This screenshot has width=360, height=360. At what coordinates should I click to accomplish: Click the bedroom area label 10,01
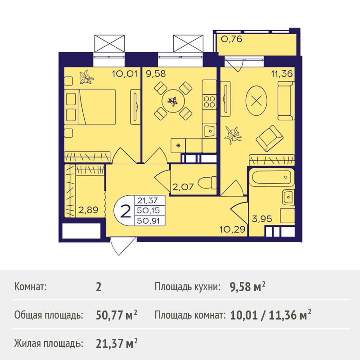pos(125,74)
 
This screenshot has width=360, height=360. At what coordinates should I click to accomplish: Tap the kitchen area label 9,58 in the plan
pos(156,74)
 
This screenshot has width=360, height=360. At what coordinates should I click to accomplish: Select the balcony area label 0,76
pos(231,39)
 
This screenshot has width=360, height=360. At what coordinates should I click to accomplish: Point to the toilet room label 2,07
pos(183,187)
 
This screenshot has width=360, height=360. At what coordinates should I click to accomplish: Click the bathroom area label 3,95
pos(262,219)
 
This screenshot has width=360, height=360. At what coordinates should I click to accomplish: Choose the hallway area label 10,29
pos(232,229)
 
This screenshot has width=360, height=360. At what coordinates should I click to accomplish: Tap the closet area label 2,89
pos(88,210)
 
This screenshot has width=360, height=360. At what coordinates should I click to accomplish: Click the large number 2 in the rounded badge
pos(126,211)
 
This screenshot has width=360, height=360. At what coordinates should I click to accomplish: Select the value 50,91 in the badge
pos(148,221)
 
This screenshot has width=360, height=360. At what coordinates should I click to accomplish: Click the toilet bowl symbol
pos(207,183)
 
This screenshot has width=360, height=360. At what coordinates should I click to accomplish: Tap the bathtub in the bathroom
pos(271,177)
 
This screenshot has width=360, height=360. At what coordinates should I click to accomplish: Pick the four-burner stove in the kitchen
pos(209,102)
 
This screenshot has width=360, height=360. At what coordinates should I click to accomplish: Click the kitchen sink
pos(209,131)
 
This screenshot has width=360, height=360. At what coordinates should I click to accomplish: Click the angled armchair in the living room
pos(269,138)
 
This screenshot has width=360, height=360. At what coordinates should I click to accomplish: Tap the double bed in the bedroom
pos(90,107)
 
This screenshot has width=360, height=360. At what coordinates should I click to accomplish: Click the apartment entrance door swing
pos(121,246)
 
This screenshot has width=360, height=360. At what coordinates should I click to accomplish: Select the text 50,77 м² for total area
pos(117,315)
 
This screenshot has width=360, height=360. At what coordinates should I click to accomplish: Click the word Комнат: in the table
pos(30,287)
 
